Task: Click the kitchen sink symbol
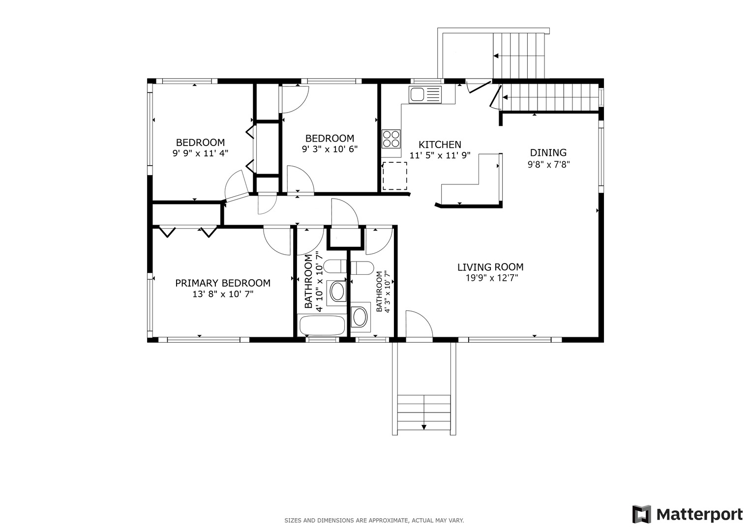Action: [425, 94]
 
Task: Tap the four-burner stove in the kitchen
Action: [391, 139]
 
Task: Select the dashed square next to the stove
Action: [394, 176]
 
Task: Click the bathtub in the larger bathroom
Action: [322, 325]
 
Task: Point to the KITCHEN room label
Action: [440, 145]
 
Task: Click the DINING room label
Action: [548, 152]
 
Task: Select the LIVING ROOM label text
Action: [490, 267]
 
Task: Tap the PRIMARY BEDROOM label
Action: [223, 283]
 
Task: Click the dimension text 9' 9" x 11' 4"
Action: [200, 153]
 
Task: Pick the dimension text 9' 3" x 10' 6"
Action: [330, 149]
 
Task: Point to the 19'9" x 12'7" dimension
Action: [492, 278]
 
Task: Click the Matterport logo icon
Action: [642, 514]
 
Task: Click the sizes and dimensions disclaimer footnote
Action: [374, 521]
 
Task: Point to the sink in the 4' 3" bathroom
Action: [360, 317]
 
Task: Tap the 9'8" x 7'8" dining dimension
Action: [548, 165]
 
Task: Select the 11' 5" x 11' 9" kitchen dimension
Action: [440, 155]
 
